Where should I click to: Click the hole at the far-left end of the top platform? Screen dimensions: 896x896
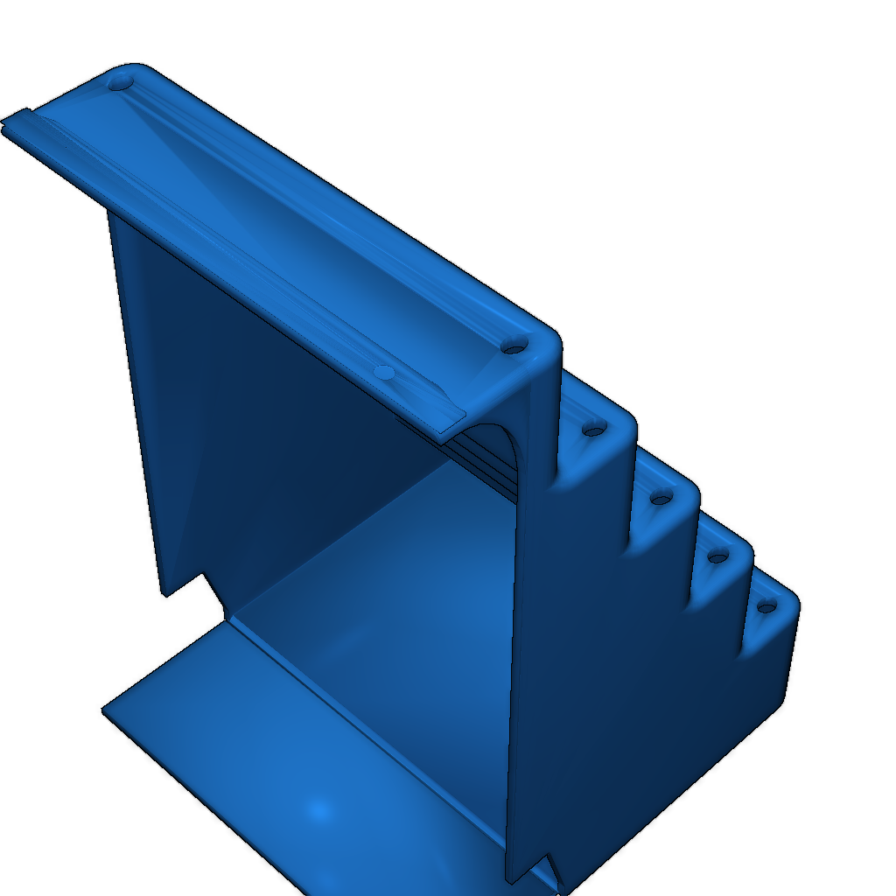click(120, 83)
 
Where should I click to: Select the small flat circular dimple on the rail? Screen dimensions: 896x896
click(383, 373)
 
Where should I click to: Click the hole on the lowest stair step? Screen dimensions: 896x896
click(766, 606)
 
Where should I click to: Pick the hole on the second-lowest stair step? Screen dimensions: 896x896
click(717, 556)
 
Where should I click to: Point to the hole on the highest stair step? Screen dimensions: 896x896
click(594, 429)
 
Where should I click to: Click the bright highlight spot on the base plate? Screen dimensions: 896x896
click(319, 809)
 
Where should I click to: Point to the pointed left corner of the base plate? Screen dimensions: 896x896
click(105, 710)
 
